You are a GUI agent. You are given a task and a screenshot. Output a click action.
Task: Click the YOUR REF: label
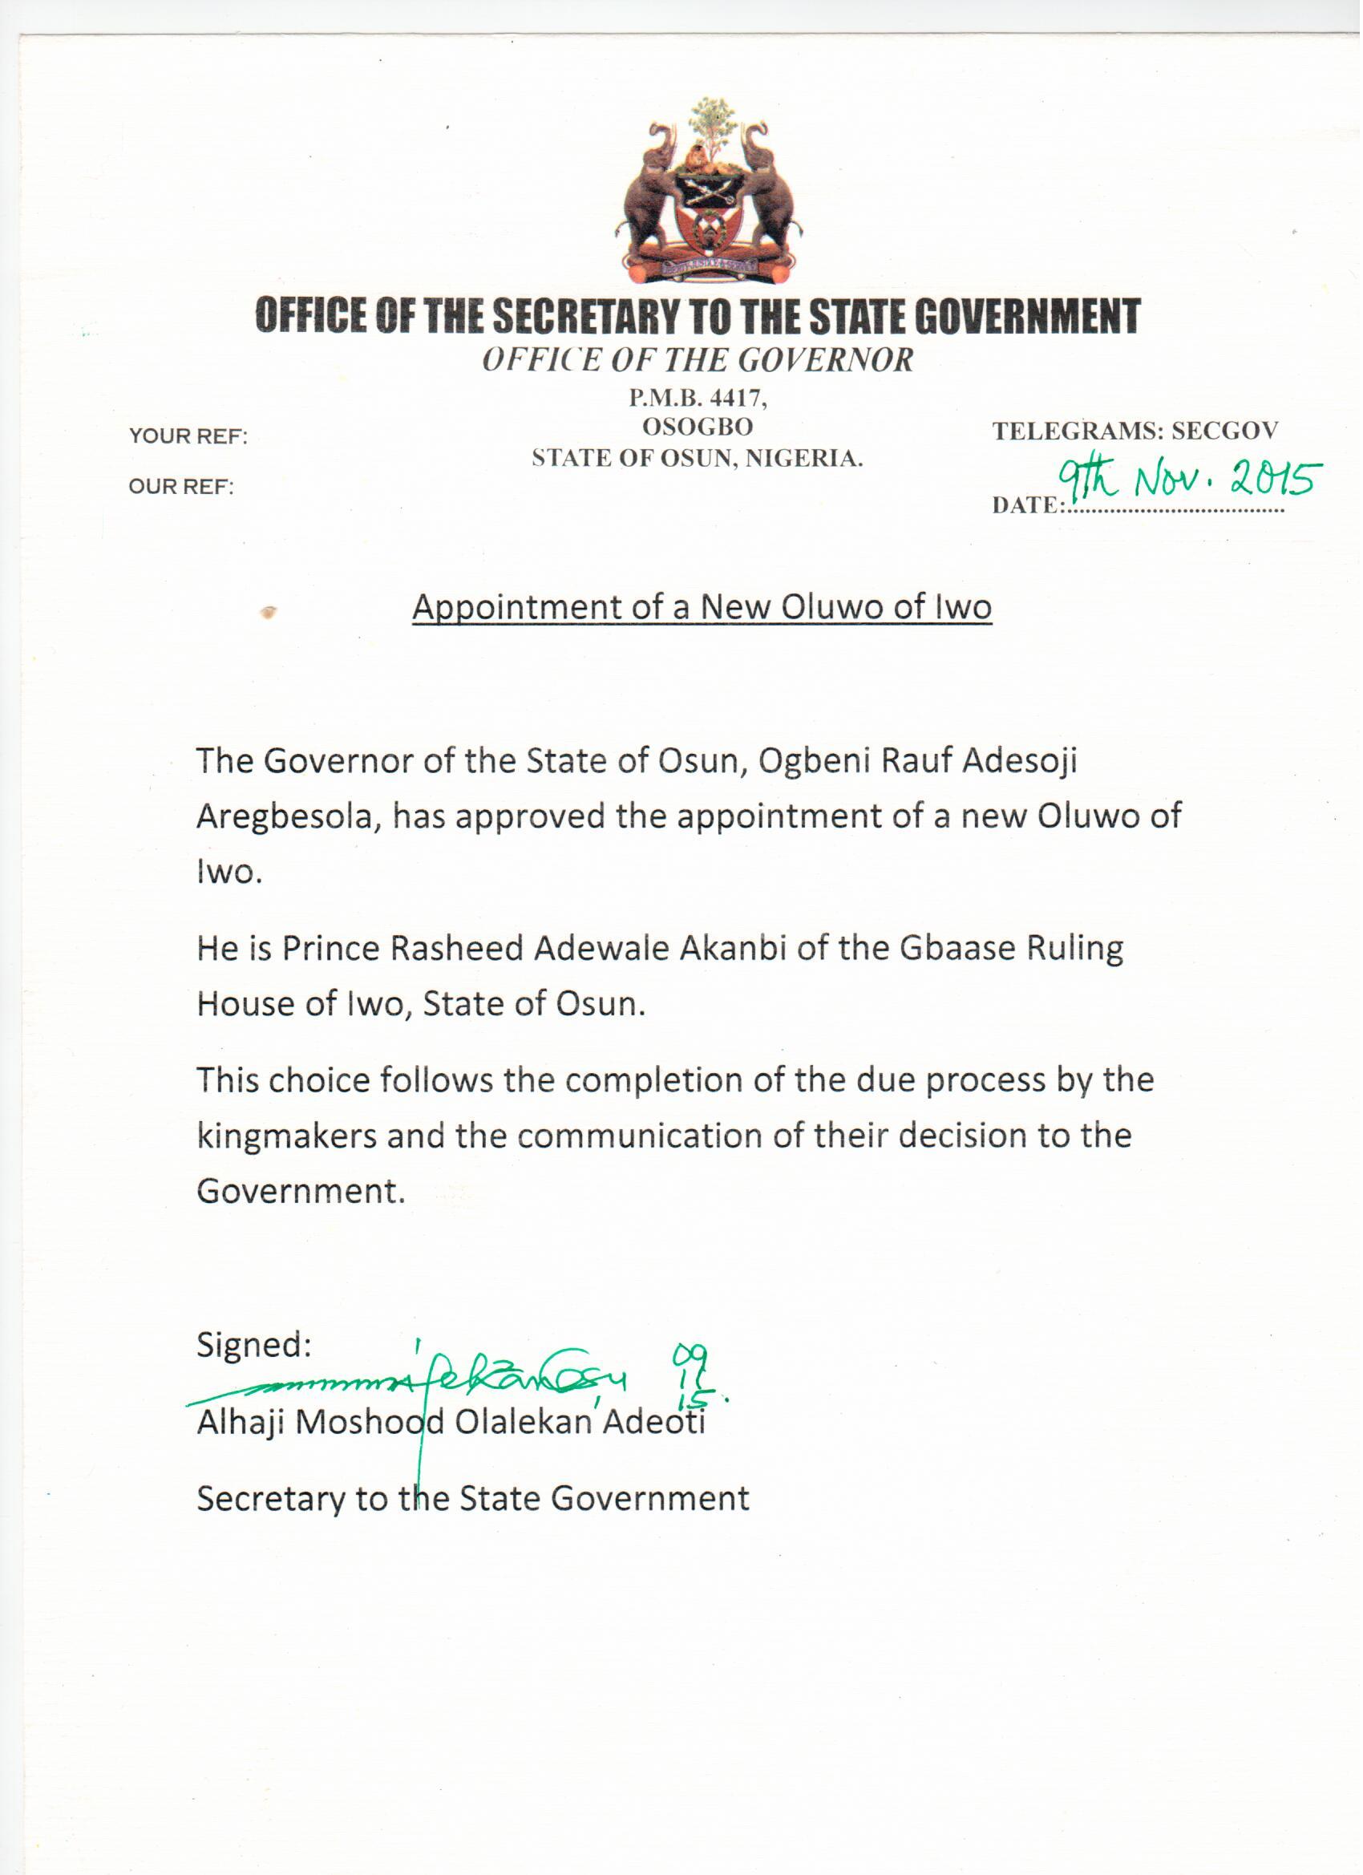pos(188,436)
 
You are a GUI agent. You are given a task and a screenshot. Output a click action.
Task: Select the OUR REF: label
pos(181,487)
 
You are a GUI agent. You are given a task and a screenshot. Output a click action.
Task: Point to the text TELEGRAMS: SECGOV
pos(1134,431)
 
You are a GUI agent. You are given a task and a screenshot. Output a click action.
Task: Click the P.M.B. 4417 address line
pos(698,399)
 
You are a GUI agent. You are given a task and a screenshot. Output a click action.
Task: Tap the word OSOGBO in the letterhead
pos(698,427)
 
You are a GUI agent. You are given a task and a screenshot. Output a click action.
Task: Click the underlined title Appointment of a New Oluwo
pos(702,608)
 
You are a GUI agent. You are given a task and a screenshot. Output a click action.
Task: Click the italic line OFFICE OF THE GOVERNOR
pos(698,360)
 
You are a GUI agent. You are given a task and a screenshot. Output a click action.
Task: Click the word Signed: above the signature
pos(253,1345)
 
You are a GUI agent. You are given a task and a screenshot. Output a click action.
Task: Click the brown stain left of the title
pos(269,613)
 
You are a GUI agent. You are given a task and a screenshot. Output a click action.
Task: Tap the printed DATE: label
pos(1024,505)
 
